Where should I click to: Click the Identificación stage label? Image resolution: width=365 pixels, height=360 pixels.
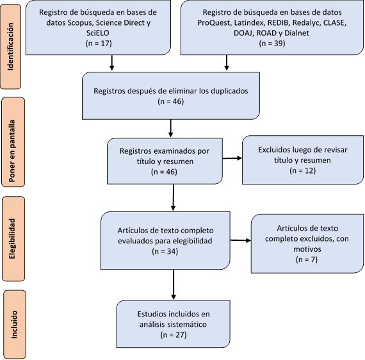tap(10, 47)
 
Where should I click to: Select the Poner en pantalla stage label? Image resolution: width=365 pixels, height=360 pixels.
tap(12, 151)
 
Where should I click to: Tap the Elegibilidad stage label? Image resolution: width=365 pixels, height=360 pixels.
tap(12, 239)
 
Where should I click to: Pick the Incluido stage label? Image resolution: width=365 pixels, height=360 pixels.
tap(14, 324)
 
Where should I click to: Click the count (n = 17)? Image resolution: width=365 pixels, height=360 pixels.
tap(99, 44)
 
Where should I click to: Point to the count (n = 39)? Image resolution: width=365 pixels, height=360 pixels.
tap(272, 44)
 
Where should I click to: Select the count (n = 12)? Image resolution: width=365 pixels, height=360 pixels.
tap(303, 170)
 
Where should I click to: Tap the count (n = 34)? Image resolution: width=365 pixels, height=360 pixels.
tap(165, 251)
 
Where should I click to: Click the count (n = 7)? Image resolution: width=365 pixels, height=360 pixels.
tap(307, 259)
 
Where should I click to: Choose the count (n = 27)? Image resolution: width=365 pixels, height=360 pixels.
tap(174, 334)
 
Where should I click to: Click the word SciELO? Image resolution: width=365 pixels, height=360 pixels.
tap(98, 33)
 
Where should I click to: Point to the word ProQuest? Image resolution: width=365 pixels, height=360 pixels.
tap(213, 22)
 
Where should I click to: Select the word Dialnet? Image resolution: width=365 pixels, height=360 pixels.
tap(296, 33)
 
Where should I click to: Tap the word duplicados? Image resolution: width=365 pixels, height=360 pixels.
tap(229, 90)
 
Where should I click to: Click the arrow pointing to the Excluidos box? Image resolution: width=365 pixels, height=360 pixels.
tap(232, 158)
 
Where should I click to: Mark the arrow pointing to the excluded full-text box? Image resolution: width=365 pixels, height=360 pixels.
tap(241, 240)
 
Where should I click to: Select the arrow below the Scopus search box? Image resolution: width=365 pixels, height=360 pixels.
tap(111, 63)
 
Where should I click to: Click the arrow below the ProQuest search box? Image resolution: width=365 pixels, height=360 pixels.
tap(227, 63)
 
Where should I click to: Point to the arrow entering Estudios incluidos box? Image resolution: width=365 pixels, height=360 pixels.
tap(174, 284)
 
